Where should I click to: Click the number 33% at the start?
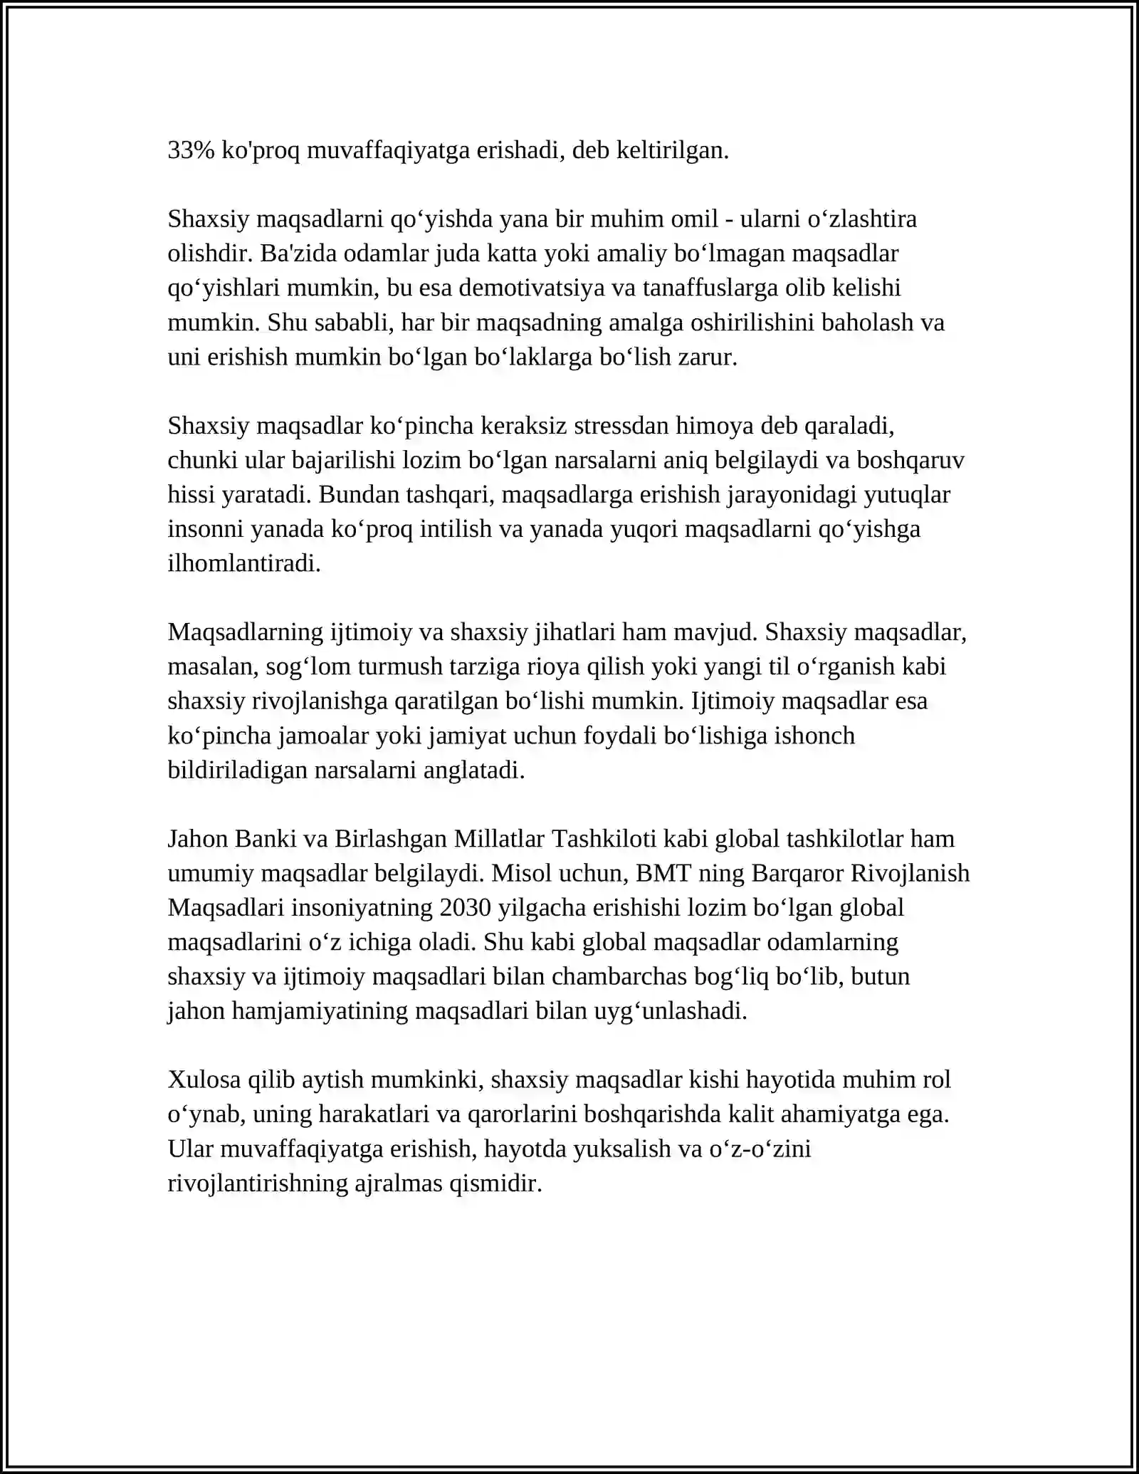pyautogui.click(x=191, y=150)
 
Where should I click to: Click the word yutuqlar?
pyautogui.click(x=906, y=494)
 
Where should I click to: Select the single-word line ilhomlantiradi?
pyautogui.click(x=244, y=563)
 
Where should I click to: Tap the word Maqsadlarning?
pyautogui.click(x=246, y=632)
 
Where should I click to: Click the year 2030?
pyautogui.click(x=466, y=908)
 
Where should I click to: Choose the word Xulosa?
pyautogui.click(x=204, y=1080)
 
